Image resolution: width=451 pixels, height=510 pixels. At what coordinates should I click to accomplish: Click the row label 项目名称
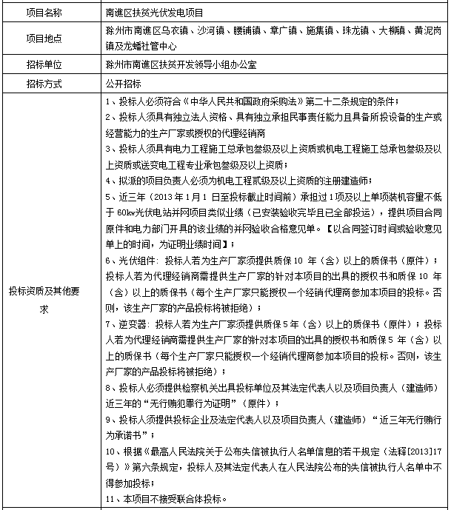click(50, 13)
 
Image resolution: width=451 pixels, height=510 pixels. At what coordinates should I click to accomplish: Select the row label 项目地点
click(50, 38)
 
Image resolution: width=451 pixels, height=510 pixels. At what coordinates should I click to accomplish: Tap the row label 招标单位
click(50, 64)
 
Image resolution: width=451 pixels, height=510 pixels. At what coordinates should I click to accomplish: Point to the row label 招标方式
click(50, 83)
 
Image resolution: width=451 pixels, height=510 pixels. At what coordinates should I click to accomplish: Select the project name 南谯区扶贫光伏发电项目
click(155, 13)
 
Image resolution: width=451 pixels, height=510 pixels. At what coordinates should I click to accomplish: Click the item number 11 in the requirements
click(110, 499)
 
